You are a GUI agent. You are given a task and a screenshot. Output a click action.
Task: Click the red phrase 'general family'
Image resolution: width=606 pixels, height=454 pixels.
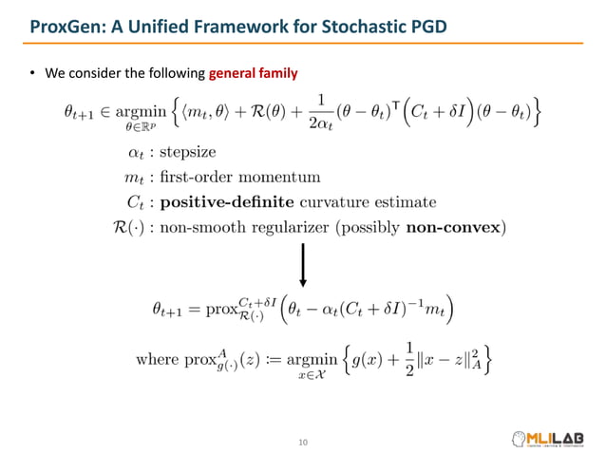tap(254, 73)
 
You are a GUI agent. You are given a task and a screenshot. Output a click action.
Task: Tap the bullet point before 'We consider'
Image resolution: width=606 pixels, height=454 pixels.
tap(30, 74)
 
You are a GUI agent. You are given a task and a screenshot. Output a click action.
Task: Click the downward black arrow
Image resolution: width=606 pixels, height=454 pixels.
tap(303, 265)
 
